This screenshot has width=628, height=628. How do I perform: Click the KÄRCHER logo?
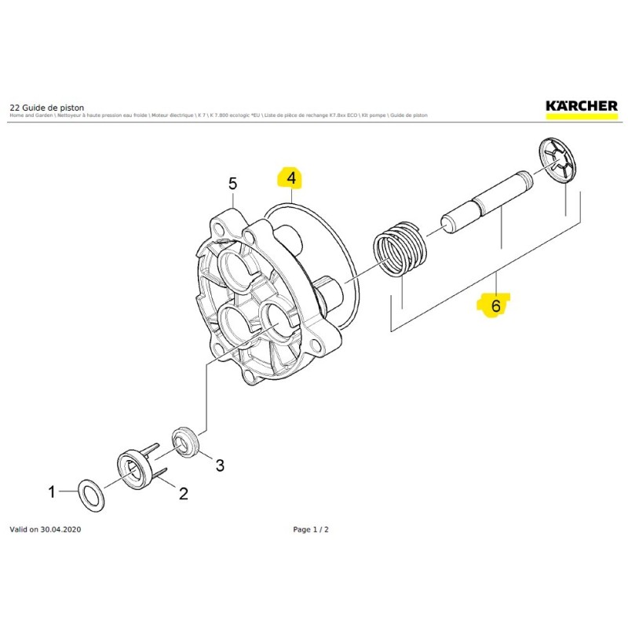[582, 105]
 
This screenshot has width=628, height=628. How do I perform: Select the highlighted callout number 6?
[495, 304]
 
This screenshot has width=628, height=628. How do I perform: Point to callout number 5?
[232, 184]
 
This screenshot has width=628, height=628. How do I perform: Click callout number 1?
[52, 493]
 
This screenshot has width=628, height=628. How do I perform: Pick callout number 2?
[184, 493]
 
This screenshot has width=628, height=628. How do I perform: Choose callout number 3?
[220, 466]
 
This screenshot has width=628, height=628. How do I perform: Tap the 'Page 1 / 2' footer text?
[311, 530]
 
